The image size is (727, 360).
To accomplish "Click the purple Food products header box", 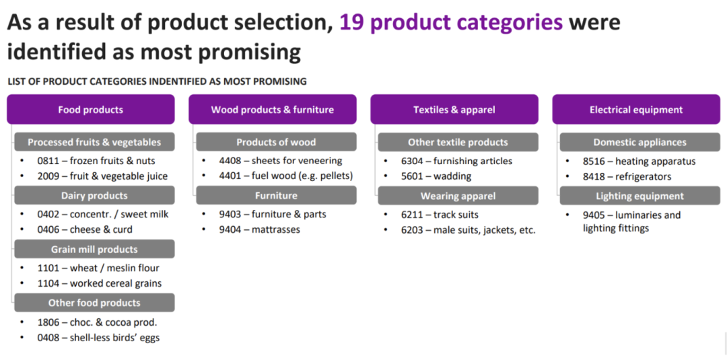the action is click(91, 109).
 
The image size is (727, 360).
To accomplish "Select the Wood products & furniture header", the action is click(273, 109).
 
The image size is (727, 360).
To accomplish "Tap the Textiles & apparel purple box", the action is click(454, 109).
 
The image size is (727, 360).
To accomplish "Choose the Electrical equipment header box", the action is click(636, 109).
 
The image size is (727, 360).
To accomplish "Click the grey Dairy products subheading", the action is click(95, 196).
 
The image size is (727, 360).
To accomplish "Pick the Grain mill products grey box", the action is click(95, 249).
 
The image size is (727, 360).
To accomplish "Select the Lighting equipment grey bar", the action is click(640, 196).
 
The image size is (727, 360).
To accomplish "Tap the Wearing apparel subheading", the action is click(458, 196).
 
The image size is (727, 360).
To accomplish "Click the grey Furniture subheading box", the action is click(277, 196).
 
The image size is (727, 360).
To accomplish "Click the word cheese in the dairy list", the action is click(85, 230).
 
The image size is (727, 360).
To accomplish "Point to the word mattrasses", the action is click(276, 230).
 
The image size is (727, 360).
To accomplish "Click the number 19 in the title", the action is click(351, 22).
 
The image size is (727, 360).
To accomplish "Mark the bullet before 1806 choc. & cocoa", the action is click(22, 322).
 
